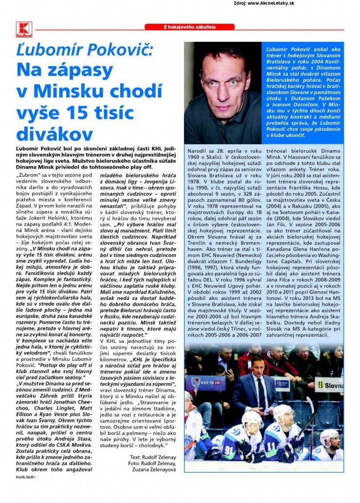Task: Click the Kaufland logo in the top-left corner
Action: (x=24, y=30)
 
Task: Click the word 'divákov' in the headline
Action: (x=54, y=134)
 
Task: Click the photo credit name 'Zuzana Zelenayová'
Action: (x=155, y=470)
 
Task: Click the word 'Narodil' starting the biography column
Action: (x=199, y=152)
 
